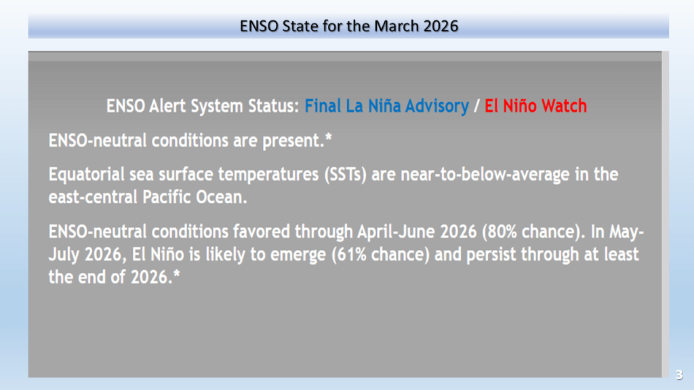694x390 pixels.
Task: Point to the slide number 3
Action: tap(679, 375)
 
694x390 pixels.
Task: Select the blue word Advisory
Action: tap(437, 106)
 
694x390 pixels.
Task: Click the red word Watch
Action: tap(565, 106)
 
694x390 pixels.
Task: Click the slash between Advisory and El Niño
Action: tap(476, 106)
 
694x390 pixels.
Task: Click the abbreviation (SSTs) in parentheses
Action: tap(345, 175)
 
